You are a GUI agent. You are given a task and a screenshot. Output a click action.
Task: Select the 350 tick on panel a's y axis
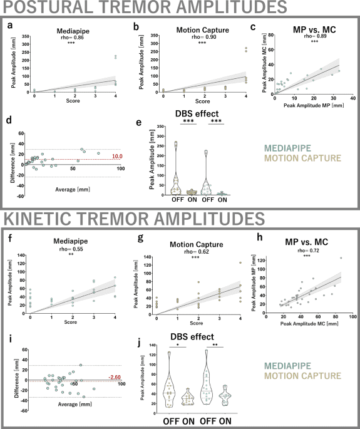tap(27, 36)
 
